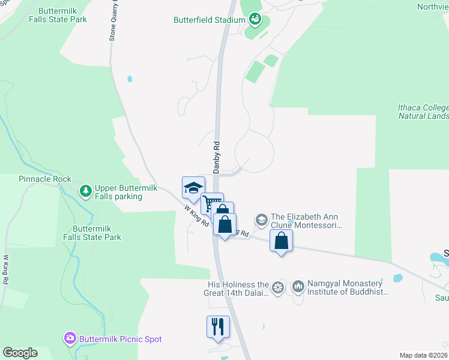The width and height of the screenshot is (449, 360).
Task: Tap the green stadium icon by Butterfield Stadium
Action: pyautogui.click(x=255, y=20)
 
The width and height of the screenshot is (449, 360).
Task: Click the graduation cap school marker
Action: pyautogui.click(x=193, y=187)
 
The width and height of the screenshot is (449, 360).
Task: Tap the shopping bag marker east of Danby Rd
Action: pyautogui.click(x=282, y=241)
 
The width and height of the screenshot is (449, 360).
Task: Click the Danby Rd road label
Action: pyautogui.click(x=217, y=154)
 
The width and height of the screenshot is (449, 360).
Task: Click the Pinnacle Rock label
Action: pyautogui.click(x=45, y=179)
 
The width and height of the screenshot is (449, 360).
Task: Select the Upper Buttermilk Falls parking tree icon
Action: pyautogui.click(x=86, y=191)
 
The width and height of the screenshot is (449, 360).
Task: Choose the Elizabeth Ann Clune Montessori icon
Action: pyautogui.click(x=261, y=220)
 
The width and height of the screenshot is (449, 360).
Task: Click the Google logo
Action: pyautogui.click(x=20, y=353)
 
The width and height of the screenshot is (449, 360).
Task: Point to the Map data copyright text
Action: pyautogui.click(x=424, y=355)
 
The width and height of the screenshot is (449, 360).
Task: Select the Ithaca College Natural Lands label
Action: pyautogui.click(x=423, y=112)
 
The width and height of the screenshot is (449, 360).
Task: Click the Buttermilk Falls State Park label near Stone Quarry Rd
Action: pyautogui.click(x=62, y=15)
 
